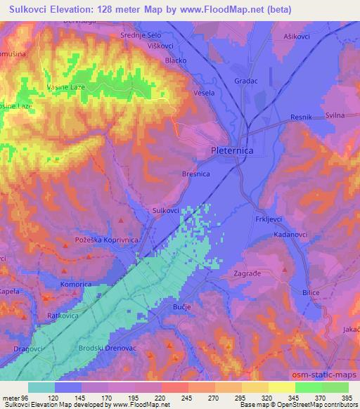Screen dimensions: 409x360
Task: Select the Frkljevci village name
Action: click(267, 220)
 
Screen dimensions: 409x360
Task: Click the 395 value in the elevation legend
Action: click(343, 397)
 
